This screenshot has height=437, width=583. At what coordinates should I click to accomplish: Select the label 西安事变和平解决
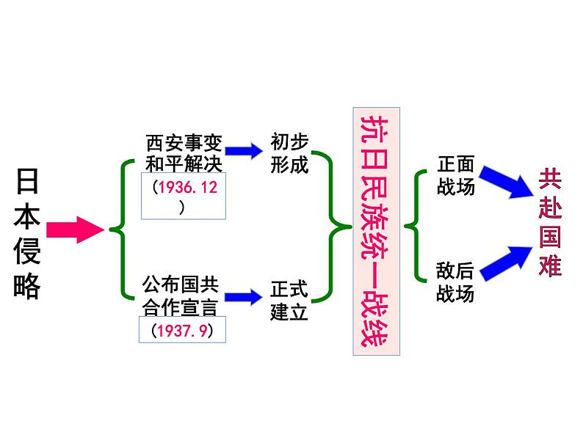[184, 150]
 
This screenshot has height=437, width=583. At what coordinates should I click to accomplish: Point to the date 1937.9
[181, 330]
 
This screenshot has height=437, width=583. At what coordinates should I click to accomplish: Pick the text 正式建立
[289, 300]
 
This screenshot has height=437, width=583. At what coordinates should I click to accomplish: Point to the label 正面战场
[455, 175]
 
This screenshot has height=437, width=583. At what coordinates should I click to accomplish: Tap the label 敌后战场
[455, 282]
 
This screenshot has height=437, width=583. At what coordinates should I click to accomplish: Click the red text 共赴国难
[549, 222]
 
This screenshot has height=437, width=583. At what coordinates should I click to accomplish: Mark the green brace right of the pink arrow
[121, 229]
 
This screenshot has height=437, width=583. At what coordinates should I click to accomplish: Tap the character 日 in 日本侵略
[28, 180]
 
